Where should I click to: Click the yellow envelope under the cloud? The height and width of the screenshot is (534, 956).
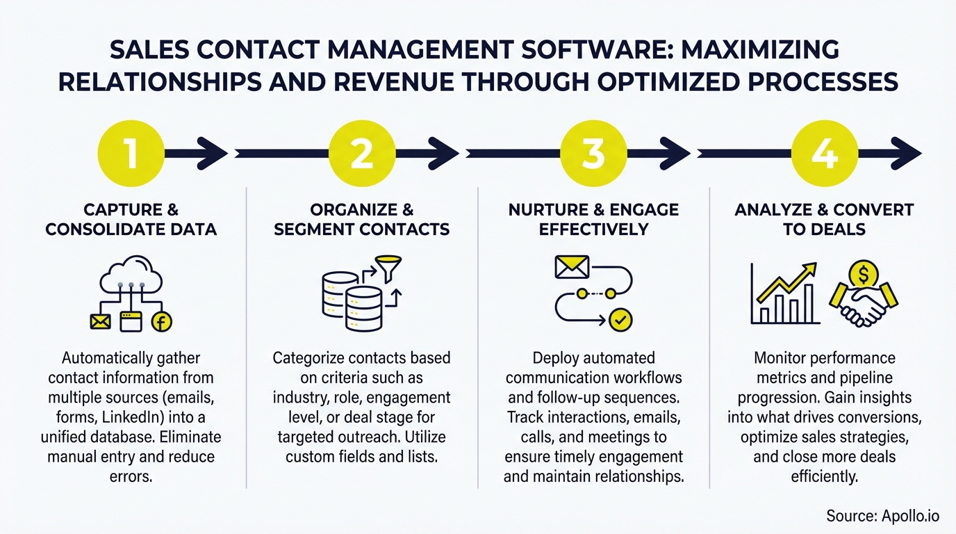101,321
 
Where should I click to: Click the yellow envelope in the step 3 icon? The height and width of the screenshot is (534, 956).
572,266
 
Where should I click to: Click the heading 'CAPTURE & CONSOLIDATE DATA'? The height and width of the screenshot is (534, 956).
131,219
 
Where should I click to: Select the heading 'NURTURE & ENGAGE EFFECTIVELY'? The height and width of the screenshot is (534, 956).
593,219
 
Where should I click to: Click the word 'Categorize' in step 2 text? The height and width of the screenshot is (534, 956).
308,358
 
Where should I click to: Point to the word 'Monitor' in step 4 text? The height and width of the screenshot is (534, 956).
780,359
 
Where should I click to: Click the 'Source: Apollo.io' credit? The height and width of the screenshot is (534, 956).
882,515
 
